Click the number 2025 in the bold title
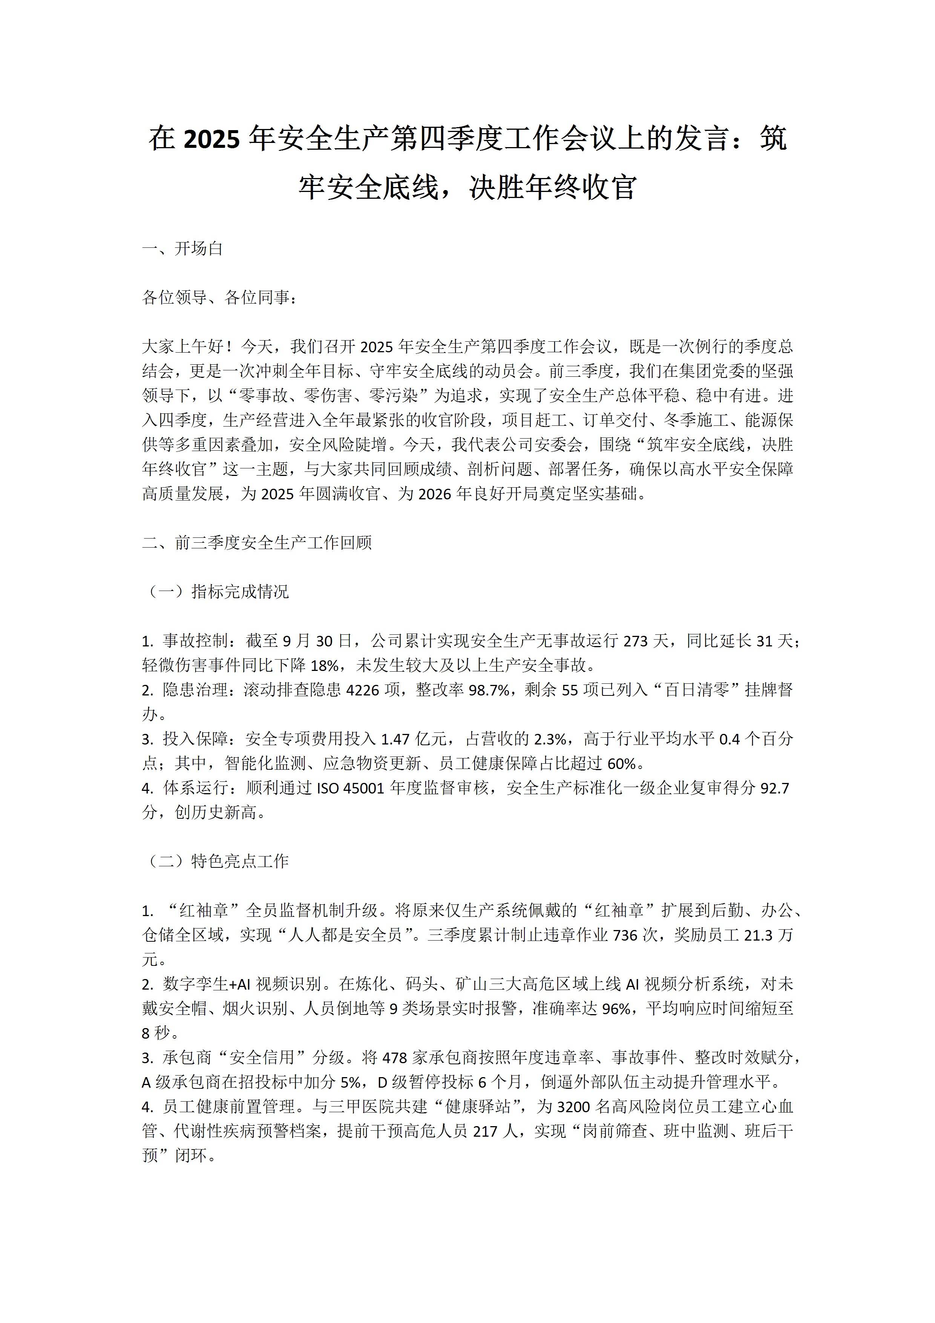coord(211,140)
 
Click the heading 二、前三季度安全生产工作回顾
coord(257,543)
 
